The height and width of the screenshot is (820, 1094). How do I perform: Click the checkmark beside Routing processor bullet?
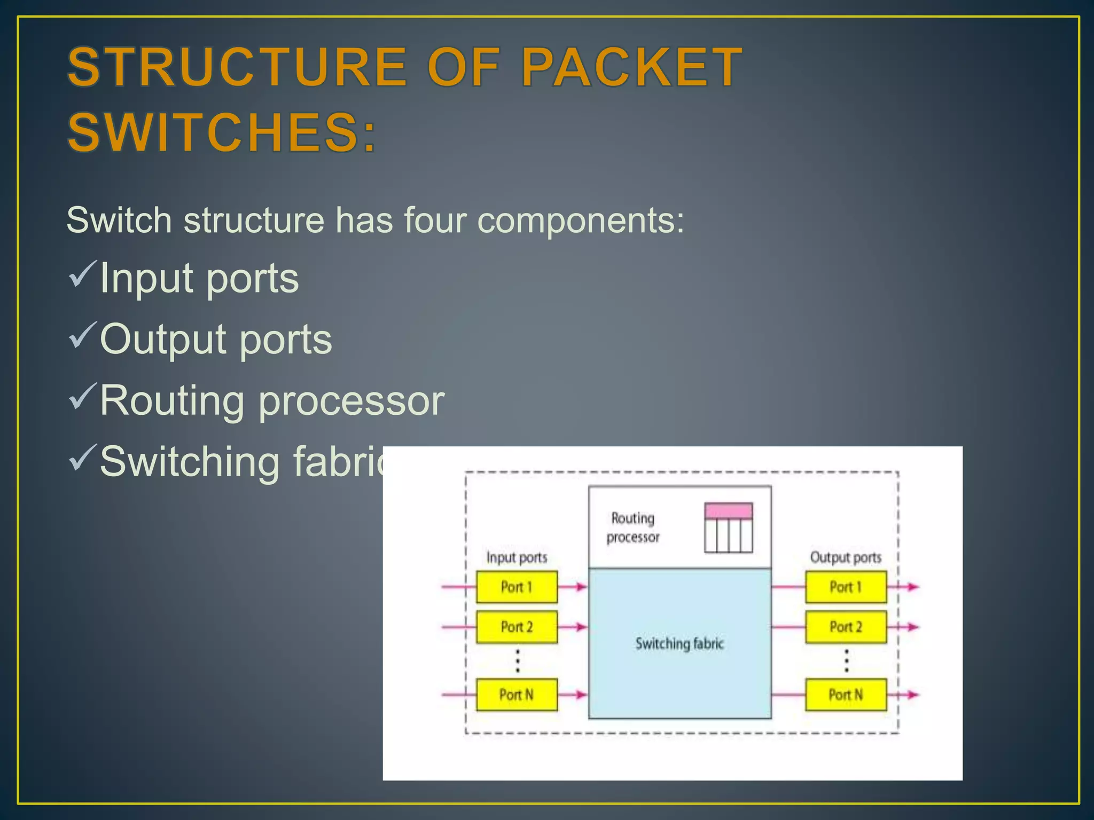(x=82, y=396)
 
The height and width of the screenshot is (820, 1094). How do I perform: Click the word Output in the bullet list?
(x=163, y=340)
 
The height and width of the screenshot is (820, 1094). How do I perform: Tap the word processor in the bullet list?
(x=351, y=400)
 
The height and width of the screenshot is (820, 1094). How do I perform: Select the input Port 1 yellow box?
(x=517, y=587)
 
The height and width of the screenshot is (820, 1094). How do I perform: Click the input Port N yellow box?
(x=517, y=695)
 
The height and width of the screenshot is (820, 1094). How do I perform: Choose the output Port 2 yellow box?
(x=846, y=627)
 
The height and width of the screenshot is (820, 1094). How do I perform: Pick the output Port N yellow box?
(x=846, y=695)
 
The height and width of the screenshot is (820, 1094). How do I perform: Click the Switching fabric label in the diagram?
(x=679, y=643)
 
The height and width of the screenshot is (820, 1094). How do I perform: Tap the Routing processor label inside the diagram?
(x=633, y=527)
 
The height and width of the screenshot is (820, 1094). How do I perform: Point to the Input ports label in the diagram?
(x=517, y=557)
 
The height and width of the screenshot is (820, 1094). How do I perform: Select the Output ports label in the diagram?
(x=846, y=557)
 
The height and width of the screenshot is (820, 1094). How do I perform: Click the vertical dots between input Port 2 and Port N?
(x=517, y=661)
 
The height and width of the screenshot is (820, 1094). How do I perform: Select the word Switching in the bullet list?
(x=190, y=462)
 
